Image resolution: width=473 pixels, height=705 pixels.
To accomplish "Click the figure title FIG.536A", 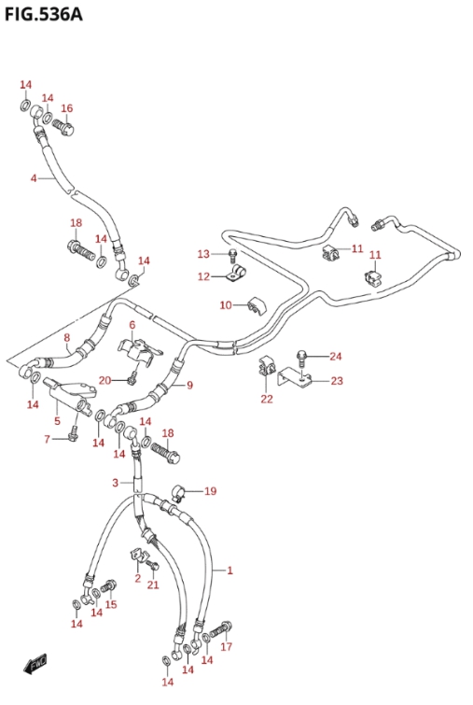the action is coord(44,14).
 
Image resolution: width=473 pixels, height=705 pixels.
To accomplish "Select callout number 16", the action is coord(66,108).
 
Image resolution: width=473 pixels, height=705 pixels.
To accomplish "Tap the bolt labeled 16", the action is coord(63,125).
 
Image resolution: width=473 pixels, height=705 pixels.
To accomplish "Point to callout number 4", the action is coord(34,178).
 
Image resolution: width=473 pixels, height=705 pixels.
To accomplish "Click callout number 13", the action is coord(203,254).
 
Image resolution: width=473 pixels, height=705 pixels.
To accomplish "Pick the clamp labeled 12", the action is coord(238,274).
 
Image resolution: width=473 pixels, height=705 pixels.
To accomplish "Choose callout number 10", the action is coord(226,305).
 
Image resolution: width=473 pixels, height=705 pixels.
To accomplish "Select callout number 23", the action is coord(337,381).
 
